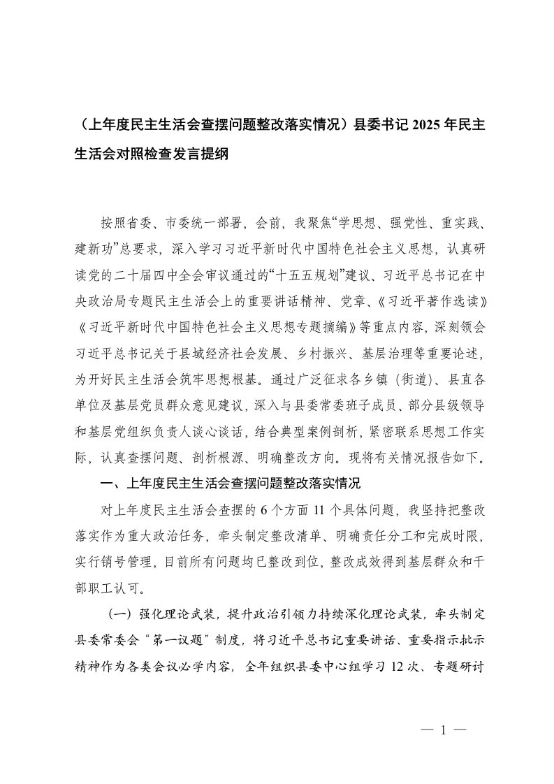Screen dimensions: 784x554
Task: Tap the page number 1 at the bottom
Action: tap(443, 728)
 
